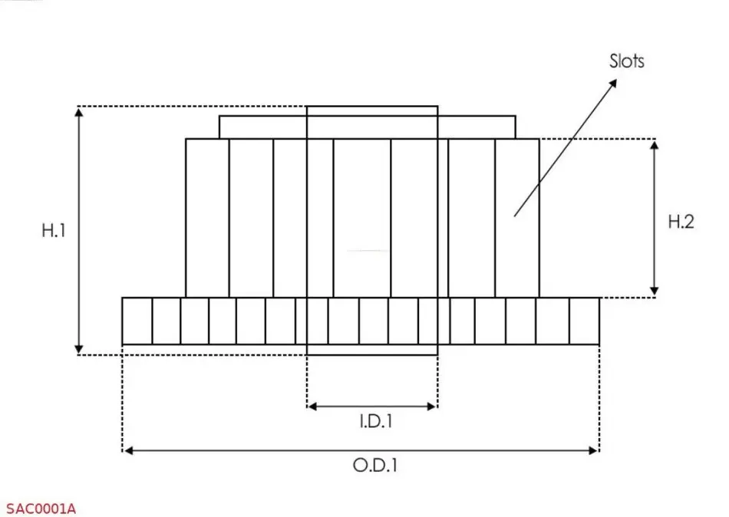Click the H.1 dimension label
pos(54,231)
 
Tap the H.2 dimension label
pos(681,222)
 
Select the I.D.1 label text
pos(376,421)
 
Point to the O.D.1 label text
pos(375,466)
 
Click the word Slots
pos(627,61)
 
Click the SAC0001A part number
pos(41,509)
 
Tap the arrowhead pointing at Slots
pos(613,83)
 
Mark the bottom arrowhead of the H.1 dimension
pos(79,349)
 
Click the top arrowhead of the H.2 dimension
pos(654,145)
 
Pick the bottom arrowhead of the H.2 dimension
pos(654,291)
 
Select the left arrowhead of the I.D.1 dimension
pos(312,407)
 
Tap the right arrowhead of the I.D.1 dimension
pos(432,407)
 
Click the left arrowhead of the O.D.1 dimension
pos(129,450)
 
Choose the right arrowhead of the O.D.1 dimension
pos(593,450)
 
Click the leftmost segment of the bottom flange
pos(137,321)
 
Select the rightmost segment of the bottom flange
pos(585,321)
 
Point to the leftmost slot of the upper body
pos(207,218)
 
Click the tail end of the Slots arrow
pos(514,216)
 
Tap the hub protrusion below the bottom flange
pos(372,350)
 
